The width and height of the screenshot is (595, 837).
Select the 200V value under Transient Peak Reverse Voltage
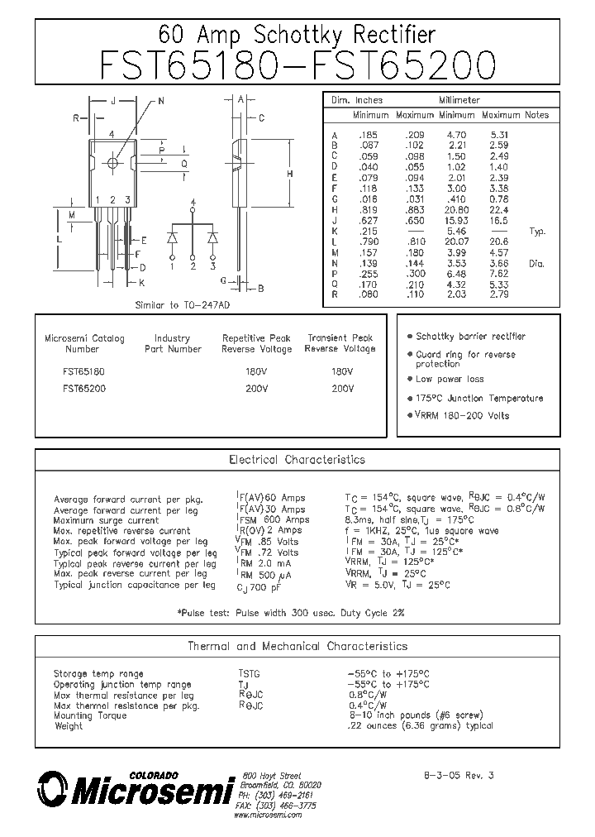[x=340, y=388]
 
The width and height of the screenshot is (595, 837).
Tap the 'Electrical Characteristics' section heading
[x=297, y=459]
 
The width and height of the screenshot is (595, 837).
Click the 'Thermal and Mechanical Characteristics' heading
[x=297, y=646]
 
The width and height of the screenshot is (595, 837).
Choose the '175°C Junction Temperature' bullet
[x=479, y=398]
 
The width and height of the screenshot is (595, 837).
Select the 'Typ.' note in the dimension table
[x=537, y=232]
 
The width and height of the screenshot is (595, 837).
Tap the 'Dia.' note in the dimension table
[x=537, y=262]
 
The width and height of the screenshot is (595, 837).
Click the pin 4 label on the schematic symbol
[x=193, y=203]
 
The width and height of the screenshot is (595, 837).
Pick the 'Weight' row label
[x=69, y=726]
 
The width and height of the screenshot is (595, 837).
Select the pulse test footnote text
[x=291, y=612]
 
